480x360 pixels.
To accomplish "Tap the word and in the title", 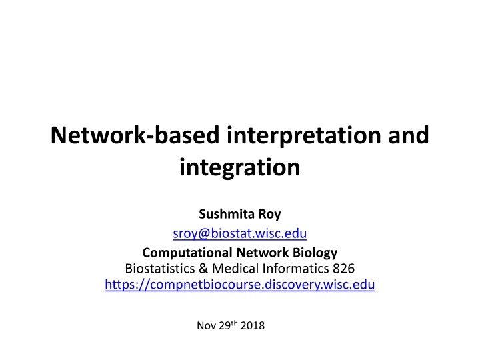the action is pyautogui.click(x=409, y=135).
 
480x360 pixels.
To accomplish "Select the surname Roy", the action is pyautogui.click(x=270, y=214).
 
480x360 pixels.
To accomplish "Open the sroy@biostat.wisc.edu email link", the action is pyautogui.click(x=240, y=233).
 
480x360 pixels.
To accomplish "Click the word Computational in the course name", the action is pyautogui.click(x=187, y=253).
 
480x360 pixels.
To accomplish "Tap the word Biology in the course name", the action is pyautogui.click(x=315, y=253).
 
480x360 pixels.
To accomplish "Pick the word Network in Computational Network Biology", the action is pyautogui.click(x=263, y=253).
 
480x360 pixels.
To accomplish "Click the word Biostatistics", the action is pyautogui.click(x=160, y=269).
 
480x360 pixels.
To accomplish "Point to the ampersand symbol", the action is pyautogui.click(x=203, y=269).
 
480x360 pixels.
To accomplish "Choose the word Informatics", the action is pyautogui.click(x=296, y=269).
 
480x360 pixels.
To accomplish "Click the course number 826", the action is pyautogui.click(x=344, y=269).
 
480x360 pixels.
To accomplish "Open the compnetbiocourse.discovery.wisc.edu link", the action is pyautogui.click(x=240, y=285).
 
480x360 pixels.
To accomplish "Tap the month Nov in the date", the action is pyautogui.click(x=207, y=325).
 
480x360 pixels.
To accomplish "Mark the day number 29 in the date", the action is pyautogui.click(x=225, y=325).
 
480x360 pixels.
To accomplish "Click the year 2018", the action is pyautogui.click(x=253, y=325).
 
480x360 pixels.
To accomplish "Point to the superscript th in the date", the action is pyautogui.click(x=234, y=323).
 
